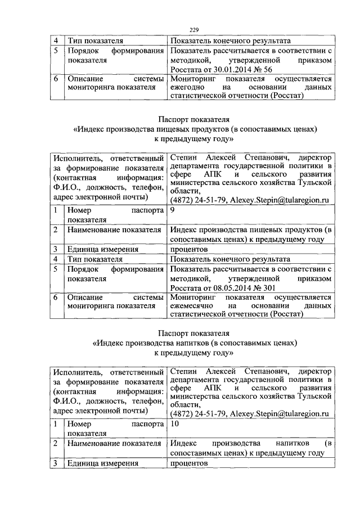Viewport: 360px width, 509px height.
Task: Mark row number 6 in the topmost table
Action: [56, 79]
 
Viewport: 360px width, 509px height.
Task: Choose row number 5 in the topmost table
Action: [56, 50]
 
